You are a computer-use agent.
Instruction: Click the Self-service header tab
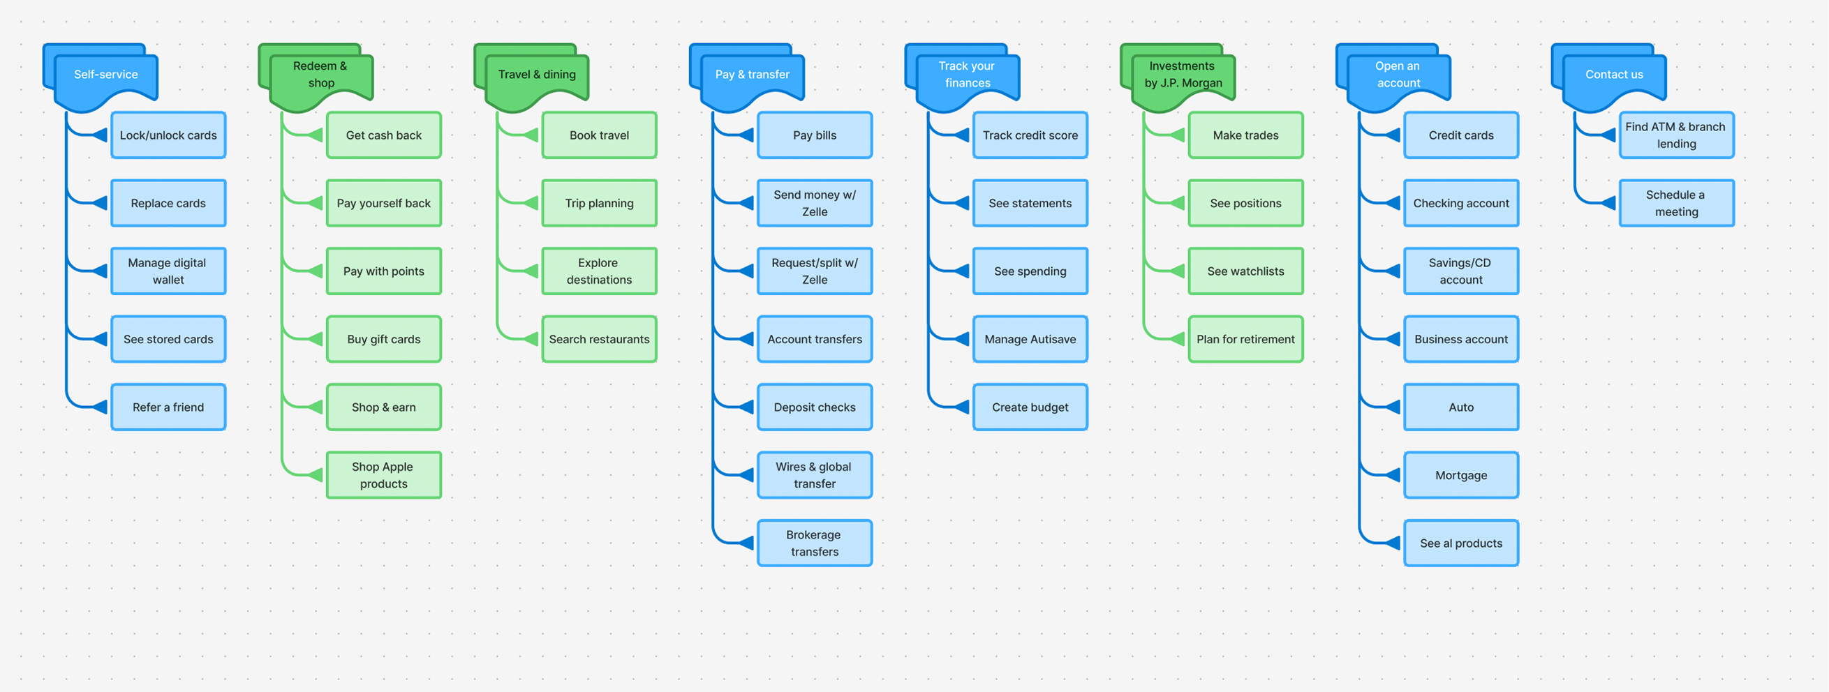coord(106,75)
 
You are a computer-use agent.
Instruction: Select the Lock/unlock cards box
coord(168,135)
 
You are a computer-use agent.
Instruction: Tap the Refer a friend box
coord(168,407)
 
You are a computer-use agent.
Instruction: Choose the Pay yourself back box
coord(383,203)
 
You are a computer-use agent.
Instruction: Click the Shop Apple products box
coord(383,475)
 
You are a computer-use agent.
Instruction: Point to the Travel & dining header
coord(537,75)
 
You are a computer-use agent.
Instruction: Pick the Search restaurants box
coord(598,339)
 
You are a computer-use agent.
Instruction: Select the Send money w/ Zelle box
coord(815,203)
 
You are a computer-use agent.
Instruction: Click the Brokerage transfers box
coord(815,543)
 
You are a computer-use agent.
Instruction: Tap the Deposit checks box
coord(815,407)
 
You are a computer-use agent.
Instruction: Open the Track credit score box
coord(1030,135)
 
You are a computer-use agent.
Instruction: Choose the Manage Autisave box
coord(1030,339)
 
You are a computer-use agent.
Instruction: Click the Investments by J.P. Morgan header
coord(1183,75)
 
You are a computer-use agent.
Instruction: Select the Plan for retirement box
coord(1245,339)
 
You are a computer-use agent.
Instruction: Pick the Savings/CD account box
coord(1460,271)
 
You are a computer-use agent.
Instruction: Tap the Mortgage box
coord(1460,475)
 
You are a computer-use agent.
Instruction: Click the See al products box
coord(1460,543)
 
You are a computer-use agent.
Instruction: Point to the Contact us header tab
coord(1614,75)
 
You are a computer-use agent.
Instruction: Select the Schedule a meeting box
coord(1675,203)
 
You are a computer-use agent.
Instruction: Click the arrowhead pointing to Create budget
coord(962,407)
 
